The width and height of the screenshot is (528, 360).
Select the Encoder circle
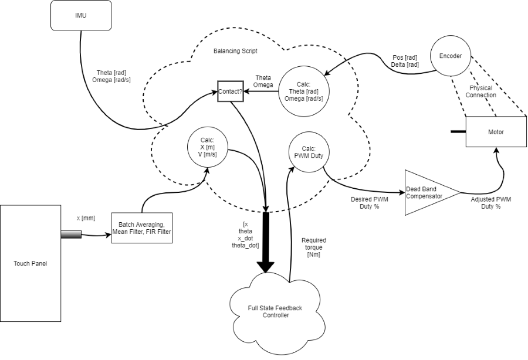(x=451, y=56)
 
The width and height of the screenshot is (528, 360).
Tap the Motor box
(x=496, y=132)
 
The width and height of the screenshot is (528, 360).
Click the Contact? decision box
(x=229, y=91)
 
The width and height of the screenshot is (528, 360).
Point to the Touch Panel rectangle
(x=31, y=263)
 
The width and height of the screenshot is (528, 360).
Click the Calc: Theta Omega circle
(x=303, y=91)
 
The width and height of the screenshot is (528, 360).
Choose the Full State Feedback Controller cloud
(x=266, y=311)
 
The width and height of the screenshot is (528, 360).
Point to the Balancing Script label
(x=235, y=51)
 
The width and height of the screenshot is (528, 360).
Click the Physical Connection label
(x=480, y=91)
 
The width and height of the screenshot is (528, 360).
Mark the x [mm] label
(x=86, y=218)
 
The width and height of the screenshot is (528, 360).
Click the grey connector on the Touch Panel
(x=71, y=235)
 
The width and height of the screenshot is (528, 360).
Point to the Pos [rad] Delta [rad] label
(x=404, y=61)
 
